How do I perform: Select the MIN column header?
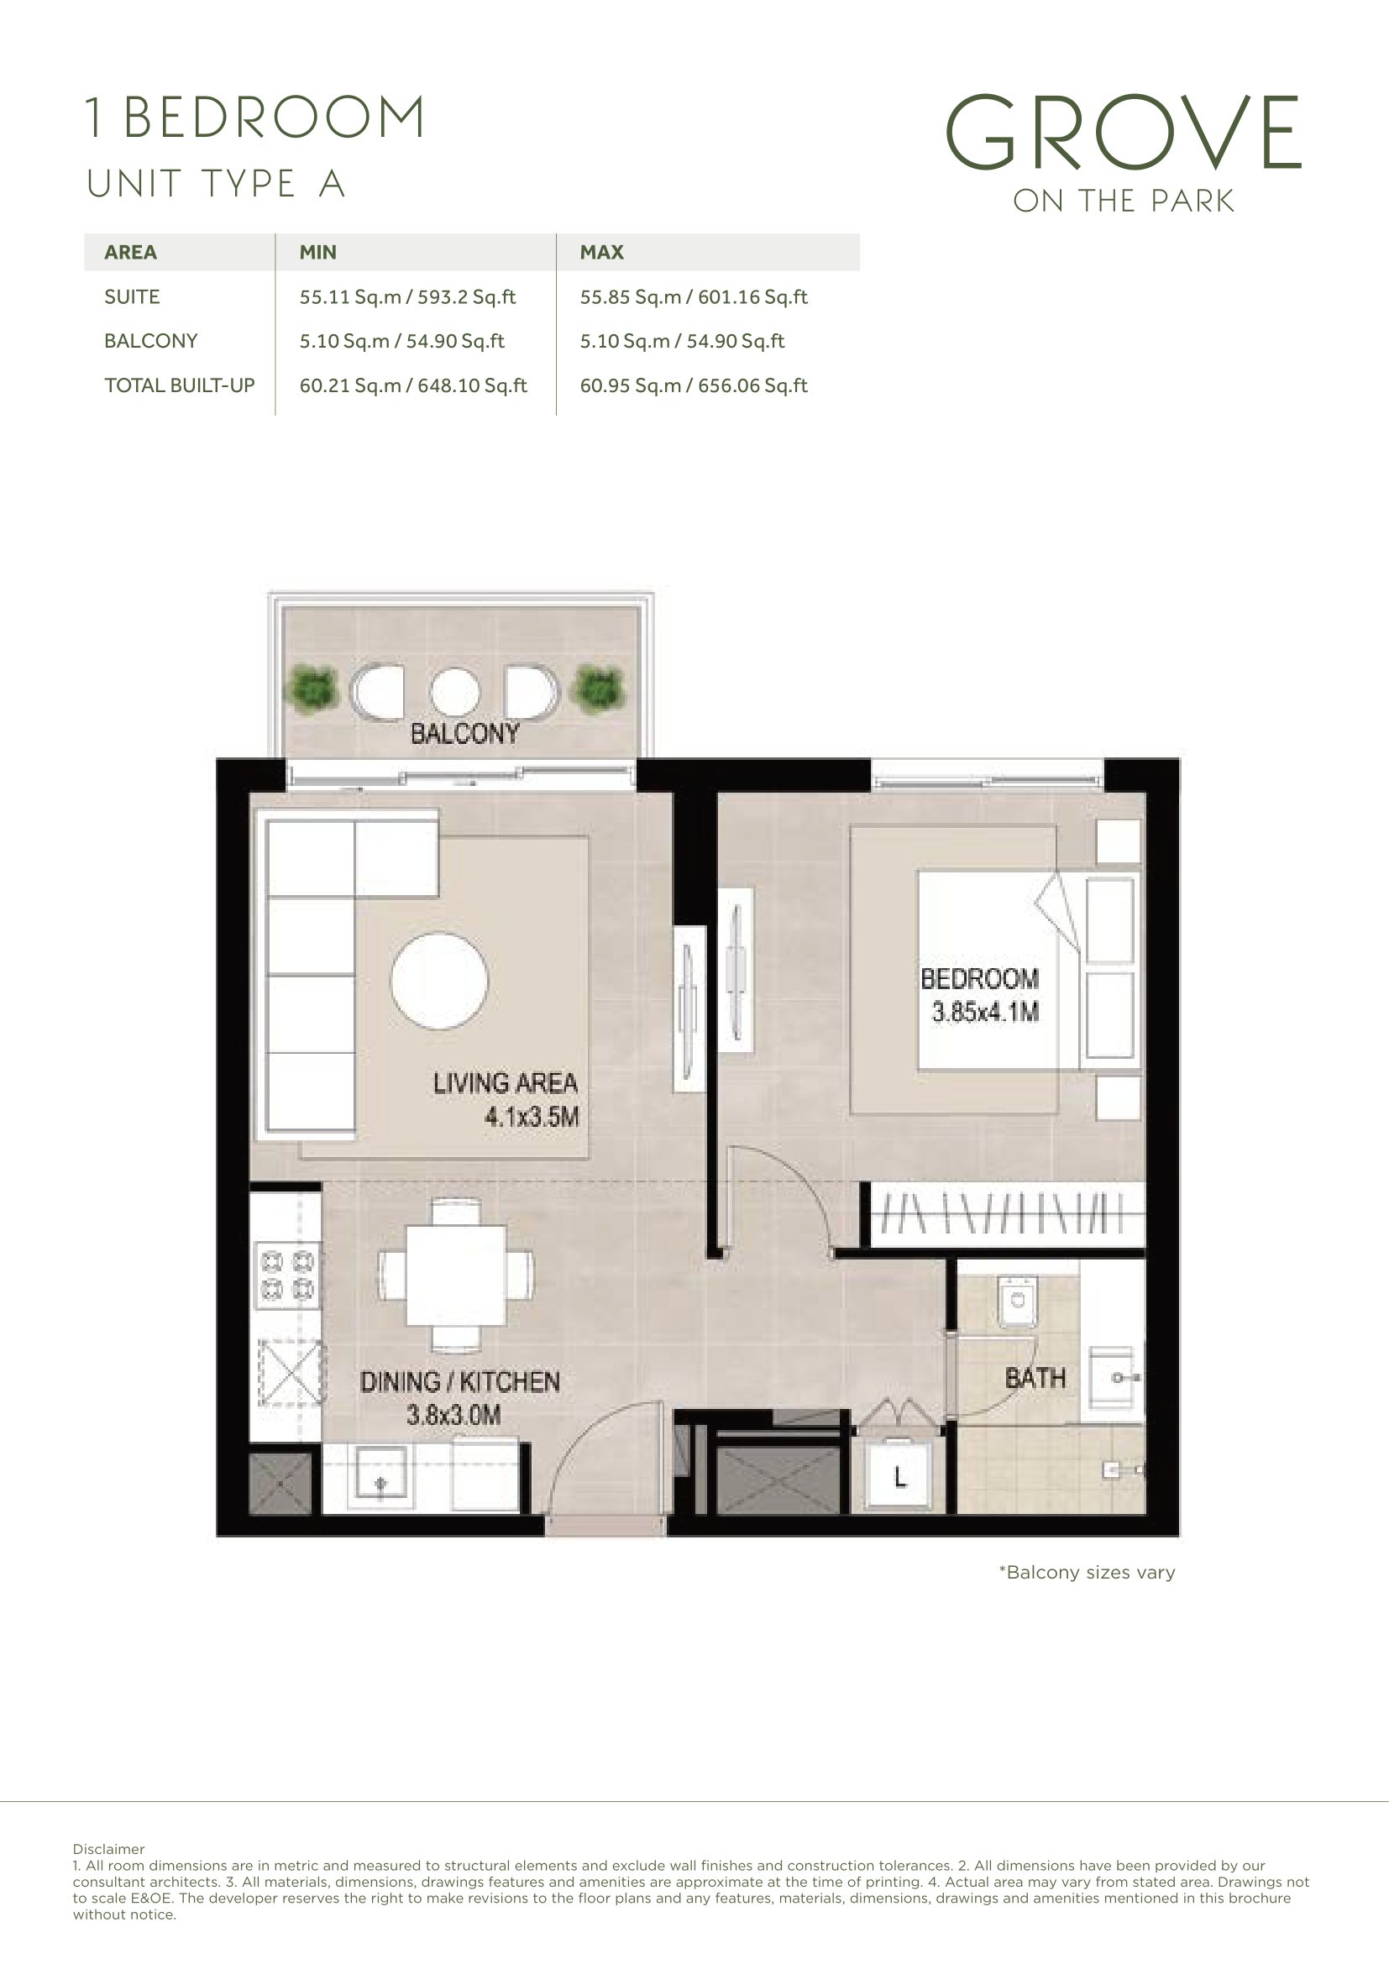tap(317, 253)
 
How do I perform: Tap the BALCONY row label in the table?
tap(150, 341)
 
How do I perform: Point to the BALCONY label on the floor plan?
tap(464, 733)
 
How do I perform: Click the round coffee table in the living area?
tap(439, 981)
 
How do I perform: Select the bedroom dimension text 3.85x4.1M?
tap(985, 1012)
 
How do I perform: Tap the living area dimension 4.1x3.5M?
tap(531, 1116)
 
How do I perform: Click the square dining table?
tap(456, 1275)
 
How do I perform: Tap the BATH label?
tap(1035, 1378)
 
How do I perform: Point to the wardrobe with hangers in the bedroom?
tap(1007, 1213)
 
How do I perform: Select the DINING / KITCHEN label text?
tap(459, 1381)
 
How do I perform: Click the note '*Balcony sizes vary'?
tap(1086, 1572)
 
